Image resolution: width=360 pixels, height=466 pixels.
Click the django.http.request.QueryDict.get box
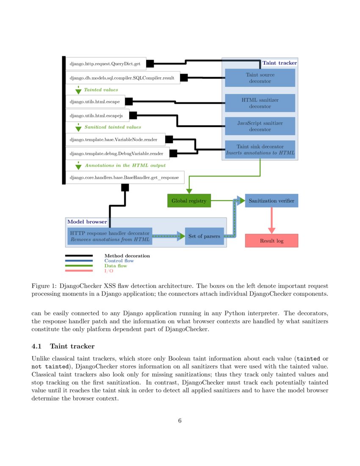click(106, 64)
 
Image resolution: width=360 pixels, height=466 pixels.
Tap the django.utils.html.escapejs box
click(97, 115)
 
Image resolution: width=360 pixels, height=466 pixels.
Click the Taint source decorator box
click(260, 78)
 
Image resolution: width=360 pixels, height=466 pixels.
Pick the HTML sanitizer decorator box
click(260, 103)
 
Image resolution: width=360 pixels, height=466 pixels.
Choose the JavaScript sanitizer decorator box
click(260, 126)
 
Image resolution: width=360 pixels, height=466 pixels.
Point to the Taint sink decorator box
click(260, 149)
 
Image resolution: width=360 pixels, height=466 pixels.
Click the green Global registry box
click(189, 200)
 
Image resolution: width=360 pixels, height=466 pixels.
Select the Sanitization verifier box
click(271, 200)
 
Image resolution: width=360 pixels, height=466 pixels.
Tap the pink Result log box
click(271, 241)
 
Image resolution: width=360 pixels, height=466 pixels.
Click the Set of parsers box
click(204, 236)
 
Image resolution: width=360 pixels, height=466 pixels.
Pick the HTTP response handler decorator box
click(110, 236)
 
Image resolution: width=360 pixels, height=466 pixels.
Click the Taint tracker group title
click(280, 63)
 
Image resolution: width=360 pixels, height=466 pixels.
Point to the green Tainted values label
click(101, 90)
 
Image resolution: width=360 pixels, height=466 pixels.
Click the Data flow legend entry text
click(116, 266)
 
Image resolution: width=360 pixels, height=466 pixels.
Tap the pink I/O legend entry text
click(109, 271)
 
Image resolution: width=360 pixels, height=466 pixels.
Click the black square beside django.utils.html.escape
click(129, 102)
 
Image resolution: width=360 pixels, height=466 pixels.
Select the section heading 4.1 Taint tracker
click(63, 347)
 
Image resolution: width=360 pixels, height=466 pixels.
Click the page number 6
click(180, 420)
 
